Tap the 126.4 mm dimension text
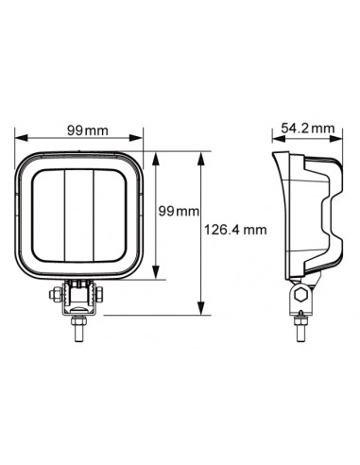coord(233,229)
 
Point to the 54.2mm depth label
coord(309,128)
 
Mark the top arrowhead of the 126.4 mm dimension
coord(200,153)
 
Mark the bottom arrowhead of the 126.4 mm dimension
coord(200,312)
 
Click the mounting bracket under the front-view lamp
coord(80,298)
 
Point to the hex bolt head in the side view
coord(299,295)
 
